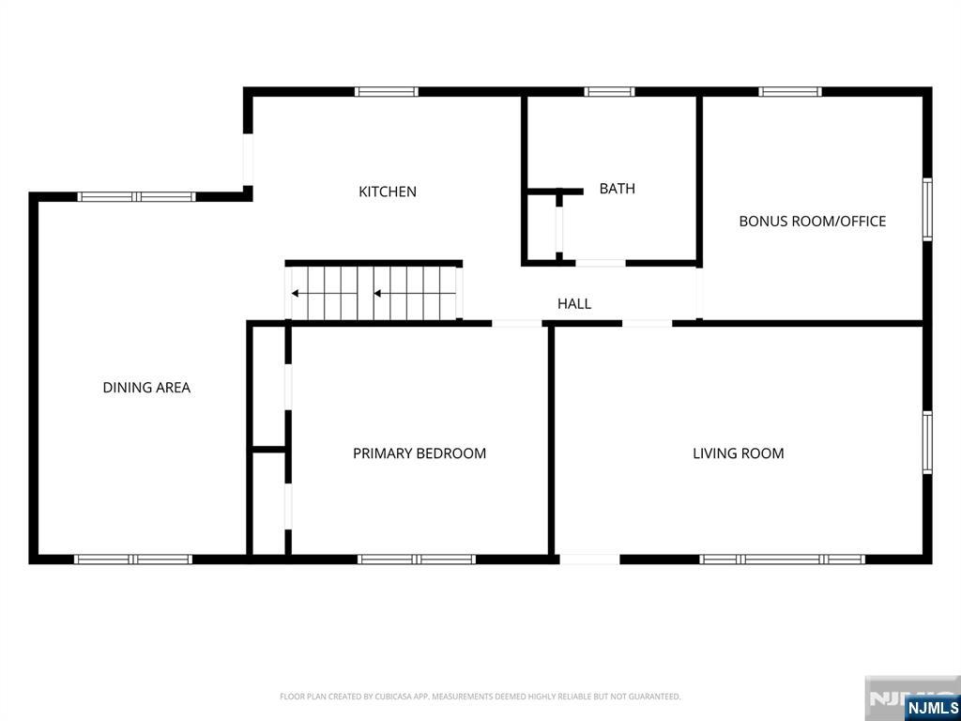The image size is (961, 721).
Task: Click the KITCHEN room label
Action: click(x=388, y=192)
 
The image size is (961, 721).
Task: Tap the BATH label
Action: click(x=618, y=189)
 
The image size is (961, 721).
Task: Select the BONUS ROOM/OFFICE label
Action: click(x=813, y=222)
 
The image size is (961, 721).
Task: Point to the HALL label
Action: click(x=574, y=303)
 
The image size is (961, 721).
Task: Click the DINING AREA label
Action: click(x=146, y=388)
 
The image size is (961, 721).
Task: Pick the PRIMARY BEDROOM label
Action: click(x=419, y=453)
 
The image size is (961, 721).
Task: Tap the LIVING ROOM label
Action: click(x=739, y=453)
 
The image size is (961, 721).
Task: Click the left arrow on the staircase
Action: click(x=324, y=294)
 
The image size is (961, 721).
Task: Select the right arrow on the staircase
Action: click(x=415, y=294)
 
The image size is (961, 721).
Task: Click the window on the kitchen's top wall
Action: click(x=387, y=92)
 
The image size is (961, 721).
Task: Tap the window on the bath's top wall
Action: click(x=609, y=92)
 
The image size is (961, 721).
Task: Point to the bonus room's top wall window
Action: click(x=790, y=92)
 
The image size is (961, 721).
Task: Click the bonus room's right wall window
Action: click(x=927, y=209)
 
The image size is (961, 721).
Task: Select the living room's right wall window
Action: click(x=927, y=443)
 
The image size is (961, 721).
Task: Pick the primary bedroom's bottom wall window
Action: click(x=416, y=560)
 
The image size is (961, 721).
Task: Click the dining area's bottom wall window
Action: click(x=133, y=560)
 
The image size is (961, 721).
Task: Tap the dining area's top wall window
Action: click(x=137, y=197)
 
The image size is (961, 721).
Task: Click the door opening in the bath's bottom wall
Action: click(x=601, y=263)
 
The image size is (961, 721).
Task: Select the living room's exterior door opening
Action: click(x=589, y=560)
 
